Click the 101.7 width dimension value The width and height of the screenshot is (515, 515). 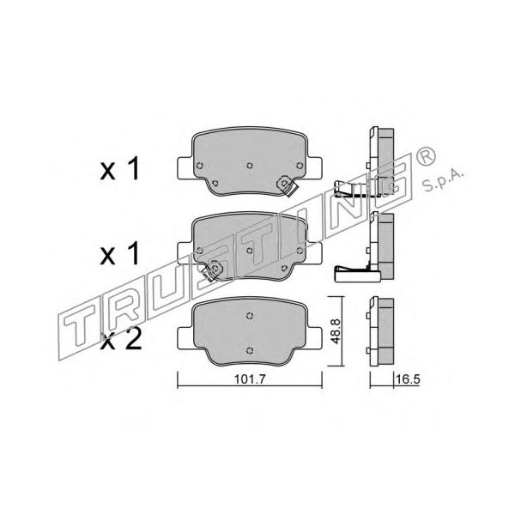point(250,379)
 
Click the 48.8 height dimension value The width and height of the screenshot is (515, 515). point(335,331)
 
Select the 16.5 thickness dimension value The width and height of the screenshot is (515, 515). point(408,379)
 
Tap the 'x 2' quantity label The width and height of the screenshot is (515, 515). point(121,340)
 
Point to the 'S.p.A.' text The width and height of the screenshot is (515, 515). point(443,180)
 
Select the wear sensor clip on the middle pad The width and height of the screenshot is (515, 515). point(213,270)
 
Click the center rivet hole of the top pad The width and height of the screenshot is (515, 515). point(250,165)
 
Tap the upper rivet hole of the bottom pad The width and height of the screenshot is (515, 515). point(250,315)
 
